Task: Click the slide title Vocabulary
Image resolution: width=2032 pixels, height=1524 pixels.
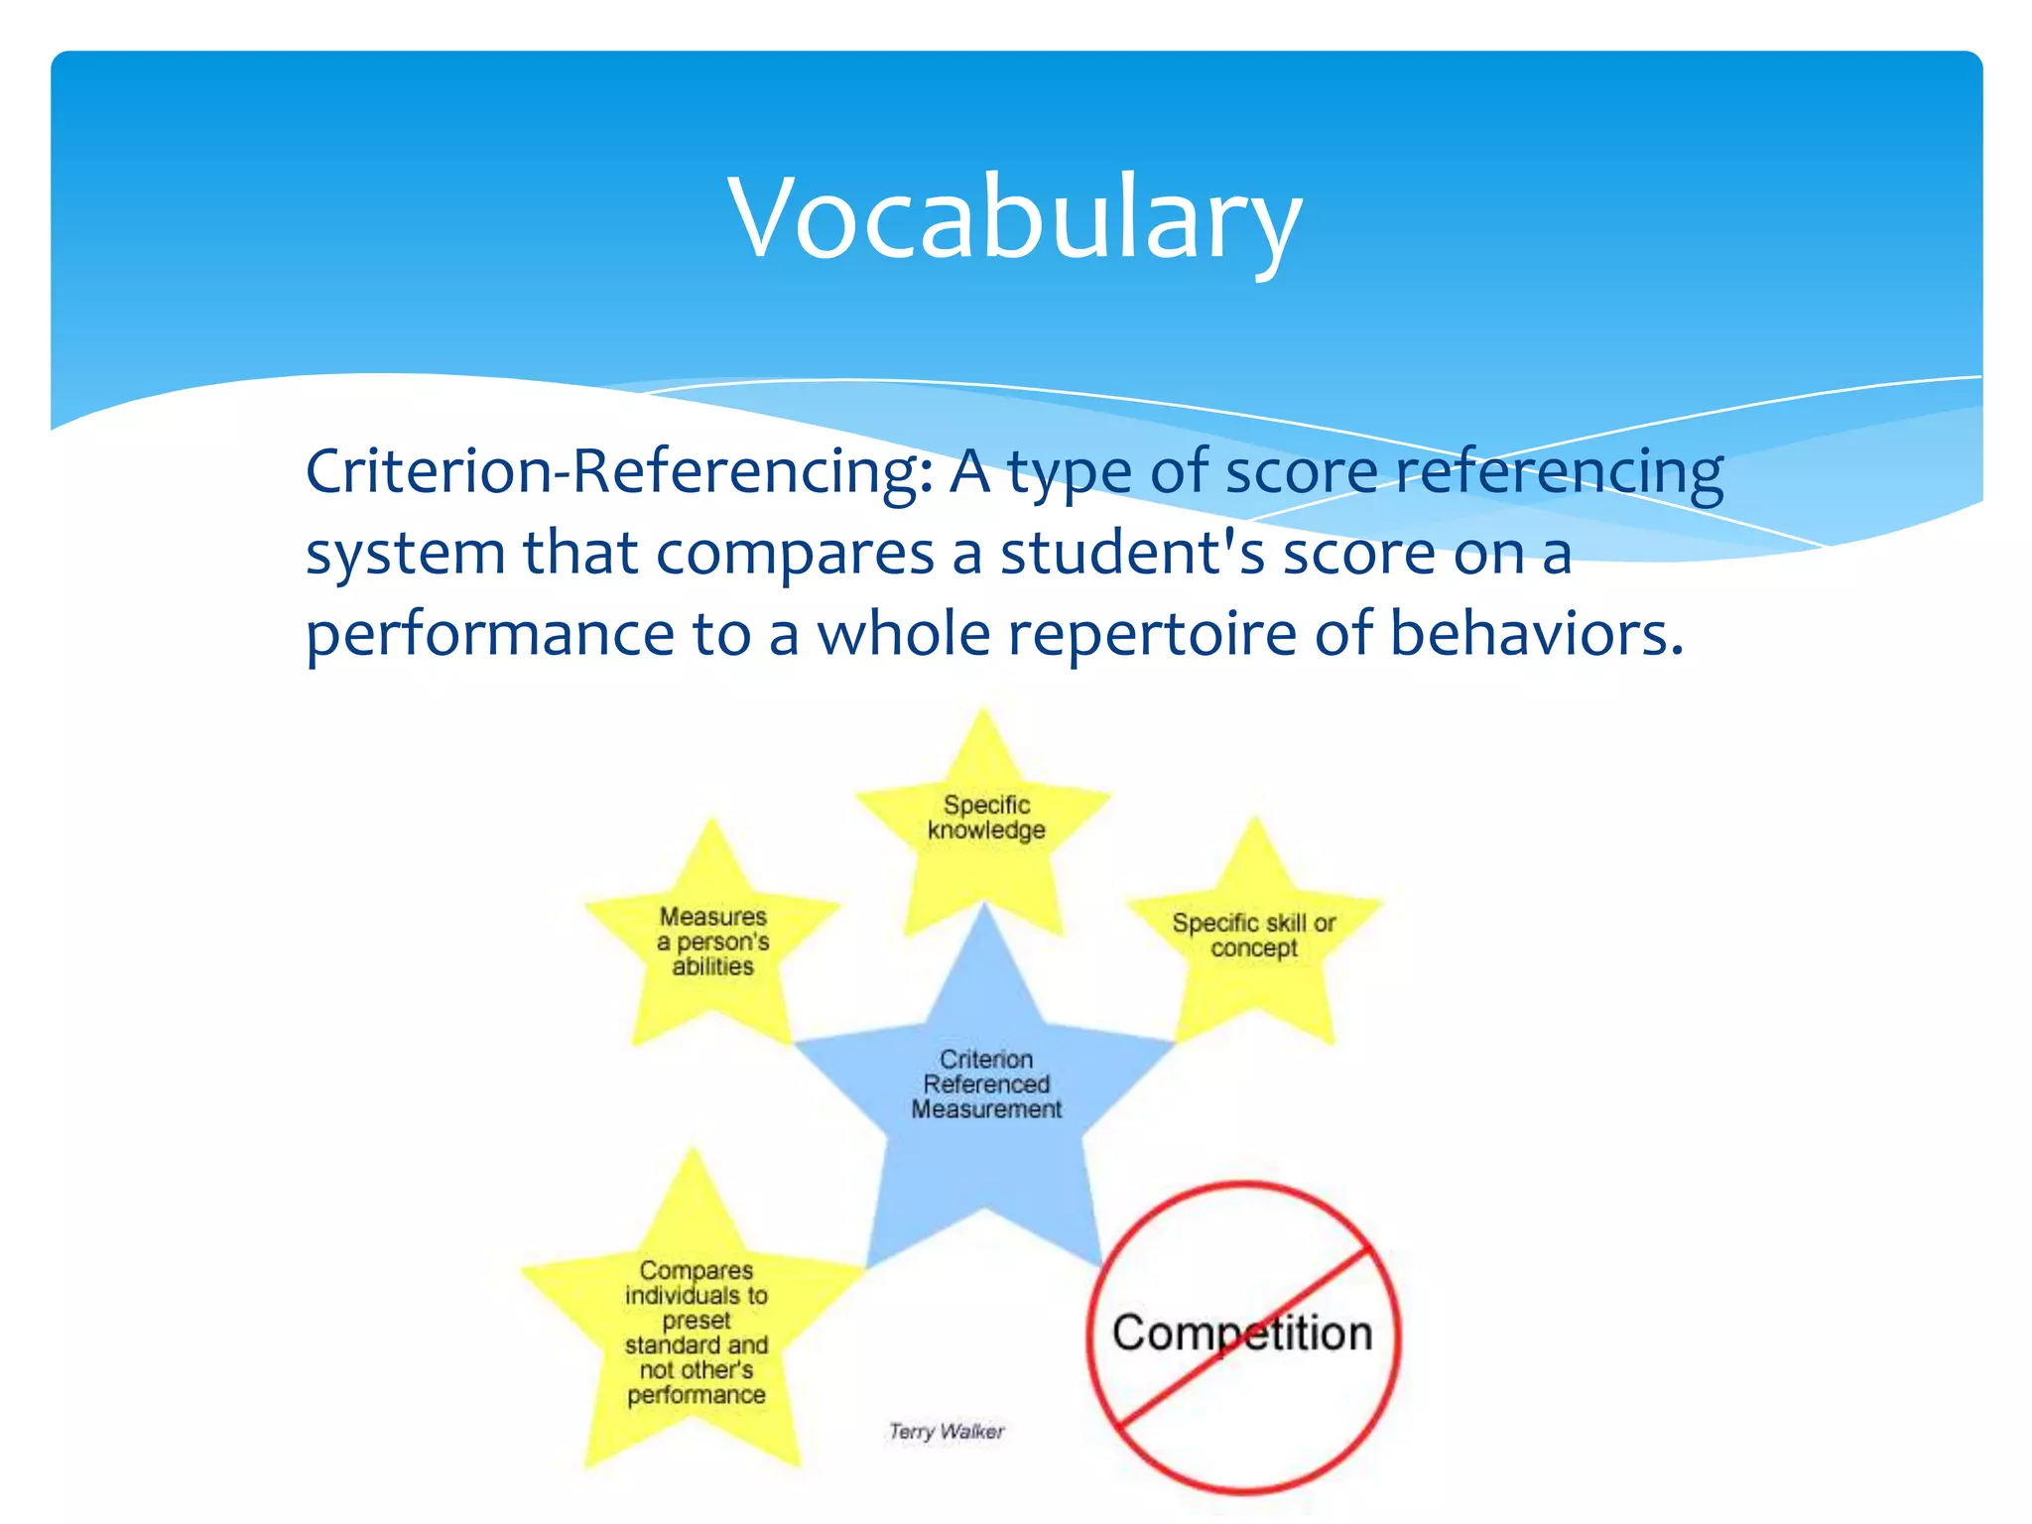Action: tap(1014, 218)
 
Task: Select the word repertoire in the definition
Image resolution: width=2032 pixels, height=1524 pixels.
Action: tap(1152, 635)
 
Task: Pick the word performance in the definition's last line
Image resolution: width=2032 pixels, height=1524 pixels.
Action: tap(490, 635)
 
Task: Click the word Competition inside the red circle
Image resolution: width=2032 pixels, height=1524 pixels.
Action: tap(1242, 1333)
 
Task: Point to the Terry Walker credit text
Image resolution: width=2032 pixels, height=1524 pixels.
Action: tap(947, 1431)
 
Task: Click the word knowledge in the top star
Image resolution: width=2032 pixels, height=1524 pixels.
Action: tap(986, 829)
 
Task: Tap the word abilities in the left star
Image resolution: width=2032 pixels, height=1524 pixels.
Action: tap(712, 966)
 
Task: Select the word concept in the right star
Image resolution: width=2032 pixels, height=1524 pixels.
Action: tap(1254, 948)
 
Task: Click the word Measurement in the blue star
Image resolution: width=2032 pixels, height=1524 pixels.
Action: tap(986, 1109)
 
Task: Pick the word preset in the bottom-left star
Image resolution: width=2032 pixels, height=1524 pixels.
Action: tap(697, 1321)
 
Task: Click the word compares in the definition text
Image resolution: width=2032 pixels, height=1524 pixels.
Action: tap(795, 553)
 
